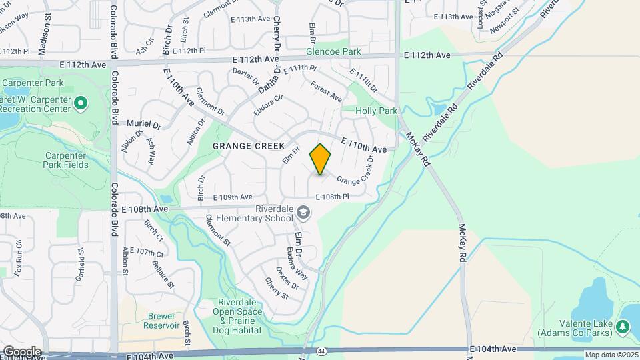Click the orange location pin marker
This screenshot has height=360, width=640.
tap(321, 159)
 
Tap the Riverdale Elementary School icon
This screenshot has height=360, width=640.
tap(303, 213)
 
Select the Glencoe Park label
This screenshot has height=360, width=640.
tap(333, 51)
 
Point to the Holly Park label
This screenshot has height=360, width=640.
tap(376, 111)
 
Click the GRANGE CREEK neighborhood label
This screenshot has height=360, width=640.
tap(249, 145)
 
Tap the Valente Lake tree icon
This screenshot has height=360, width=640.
tap(622, 326)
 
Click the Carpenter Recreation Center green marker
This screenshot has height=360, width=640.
tap(81, 103)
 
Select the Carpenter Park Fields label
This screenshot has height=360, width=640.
tap(67, 160)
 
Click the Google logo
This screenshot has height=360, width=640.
tap(21, 351)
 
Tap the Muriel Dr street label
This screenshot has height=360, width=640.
tap(144, 125)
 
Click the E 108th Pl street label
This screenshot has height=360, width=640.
tap(333, 197)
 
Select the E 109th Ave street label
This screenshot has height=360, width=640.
tap(233, 197)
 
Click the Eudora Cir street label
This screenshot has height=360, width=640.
tap(269, 105)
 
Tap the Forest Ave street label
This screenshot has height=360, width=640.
tap(327, 91)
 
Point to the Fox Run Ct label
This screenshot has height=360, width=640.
tap(19, 254)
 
